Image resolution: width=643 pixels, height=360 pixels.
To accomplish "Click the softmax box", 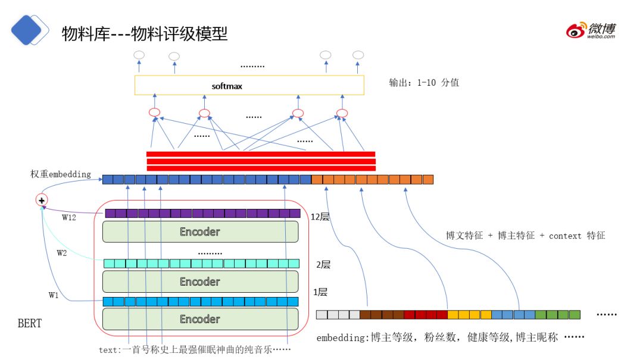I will click(x=249, y=86).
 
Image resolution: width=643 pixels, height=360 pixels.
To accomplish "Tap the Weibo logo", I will click(x=591, y=30).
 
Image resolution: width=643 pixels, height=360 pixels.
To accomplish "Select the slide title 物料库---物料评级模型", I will click(x=145, y=33).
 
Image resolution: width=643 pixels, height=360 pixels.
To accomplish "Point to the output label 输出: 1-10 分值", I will click(x=423, y=83).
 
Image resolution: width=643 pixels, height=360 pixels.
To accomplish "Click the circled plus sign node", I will click(x=42, y=201).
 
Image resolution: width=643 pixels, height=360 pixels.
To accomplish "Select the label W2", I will click(x=62, y=253).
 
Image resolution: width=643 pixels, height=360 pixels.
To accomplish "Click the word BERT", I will click(x=30, y=324).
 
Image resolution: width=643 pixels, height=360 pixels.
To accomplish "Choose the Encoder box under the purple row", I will click(x=200, y=231).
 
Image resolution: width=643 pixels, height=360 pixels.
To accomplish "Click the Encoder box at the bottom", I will click(x=200, y=319).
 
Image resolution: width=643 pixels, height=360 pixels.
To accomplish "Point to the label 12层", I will click(x=320, y=217).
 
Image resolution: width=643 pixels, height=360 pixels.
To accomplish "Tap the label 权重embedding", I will click(x=61, y=174).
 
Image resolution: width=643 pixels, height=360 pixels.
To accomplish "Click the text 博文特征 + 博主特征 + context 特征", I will click(x=525, y=236).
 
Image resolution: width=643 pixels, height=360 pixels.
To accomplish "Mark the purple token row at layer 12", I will click(x=202, y=213).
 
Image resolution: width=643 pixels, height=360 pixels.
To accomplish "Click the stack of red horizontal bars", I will click(x=261, y=161).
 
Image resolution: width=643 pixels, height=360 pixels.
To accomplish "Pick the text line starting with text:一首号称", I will click(x=194, y=350).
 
